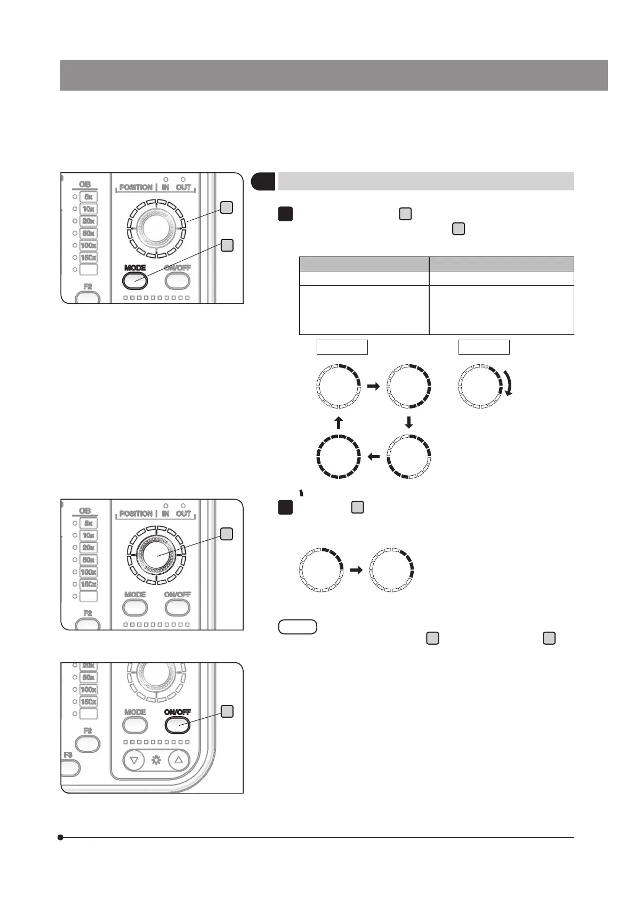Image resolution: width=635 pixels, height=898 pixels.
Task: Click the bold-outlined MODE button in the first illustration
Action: click(x=135, y=280)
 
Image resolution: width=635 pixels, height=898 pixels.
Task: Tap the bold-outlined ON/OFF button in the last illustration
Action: click(x=178, y=725)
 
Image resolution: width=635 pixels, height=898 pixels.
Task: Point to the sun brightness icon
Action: click(x=157, y=760)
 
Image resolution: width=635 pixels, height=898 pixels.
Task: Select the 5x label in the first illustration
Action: click(x=89, y=197)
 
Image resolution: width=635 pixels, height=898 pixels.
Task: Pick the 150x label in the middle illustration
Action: click(x=89, y=584)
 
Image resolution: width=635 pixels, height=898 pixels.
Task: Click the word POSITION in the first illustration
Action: click(x=136, y=187)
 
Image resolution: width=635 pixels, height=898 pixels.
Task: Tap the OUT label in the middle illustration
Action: click(x=183, y=514)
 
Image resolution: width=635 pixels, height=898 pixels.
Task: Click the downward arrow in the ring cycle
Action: click(x=409, y=423)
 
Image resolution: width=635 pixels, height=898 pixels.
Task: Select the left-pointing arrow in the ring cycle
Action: click(x=373, y=456)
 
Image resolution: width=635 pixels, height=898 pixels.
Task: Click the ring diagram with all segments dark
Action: click(x=339, y=456)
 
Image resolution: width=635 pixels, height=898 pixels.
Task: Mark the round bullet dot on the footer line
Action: click(x=61, y=838)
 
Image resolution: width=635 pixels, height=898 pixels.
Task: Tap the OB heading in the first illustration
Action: click(x=85, y=185)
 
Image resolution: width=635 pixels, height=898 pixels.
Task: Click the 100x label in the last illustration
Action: click(x=89, y=689)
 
